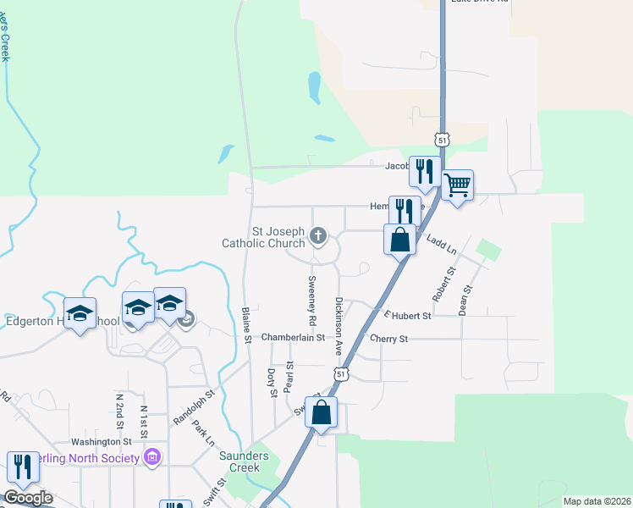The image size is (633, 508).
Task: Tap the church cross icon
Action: (318, 236)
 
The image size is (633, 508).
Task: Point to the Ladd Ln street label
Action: (441, 246)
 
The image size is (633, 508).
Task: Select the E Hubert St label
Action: (408, 315)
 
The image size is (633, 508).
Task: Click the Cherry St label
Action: (389, 339)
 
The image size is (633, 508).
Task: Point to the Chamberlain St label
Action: (293, 338)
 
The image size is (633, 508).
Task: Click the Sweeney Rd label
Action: (311, 301)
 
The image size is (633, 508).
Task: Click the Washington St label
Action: (101, 441)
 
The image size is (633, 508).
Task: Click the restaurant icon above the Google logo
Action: (23, 467)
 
